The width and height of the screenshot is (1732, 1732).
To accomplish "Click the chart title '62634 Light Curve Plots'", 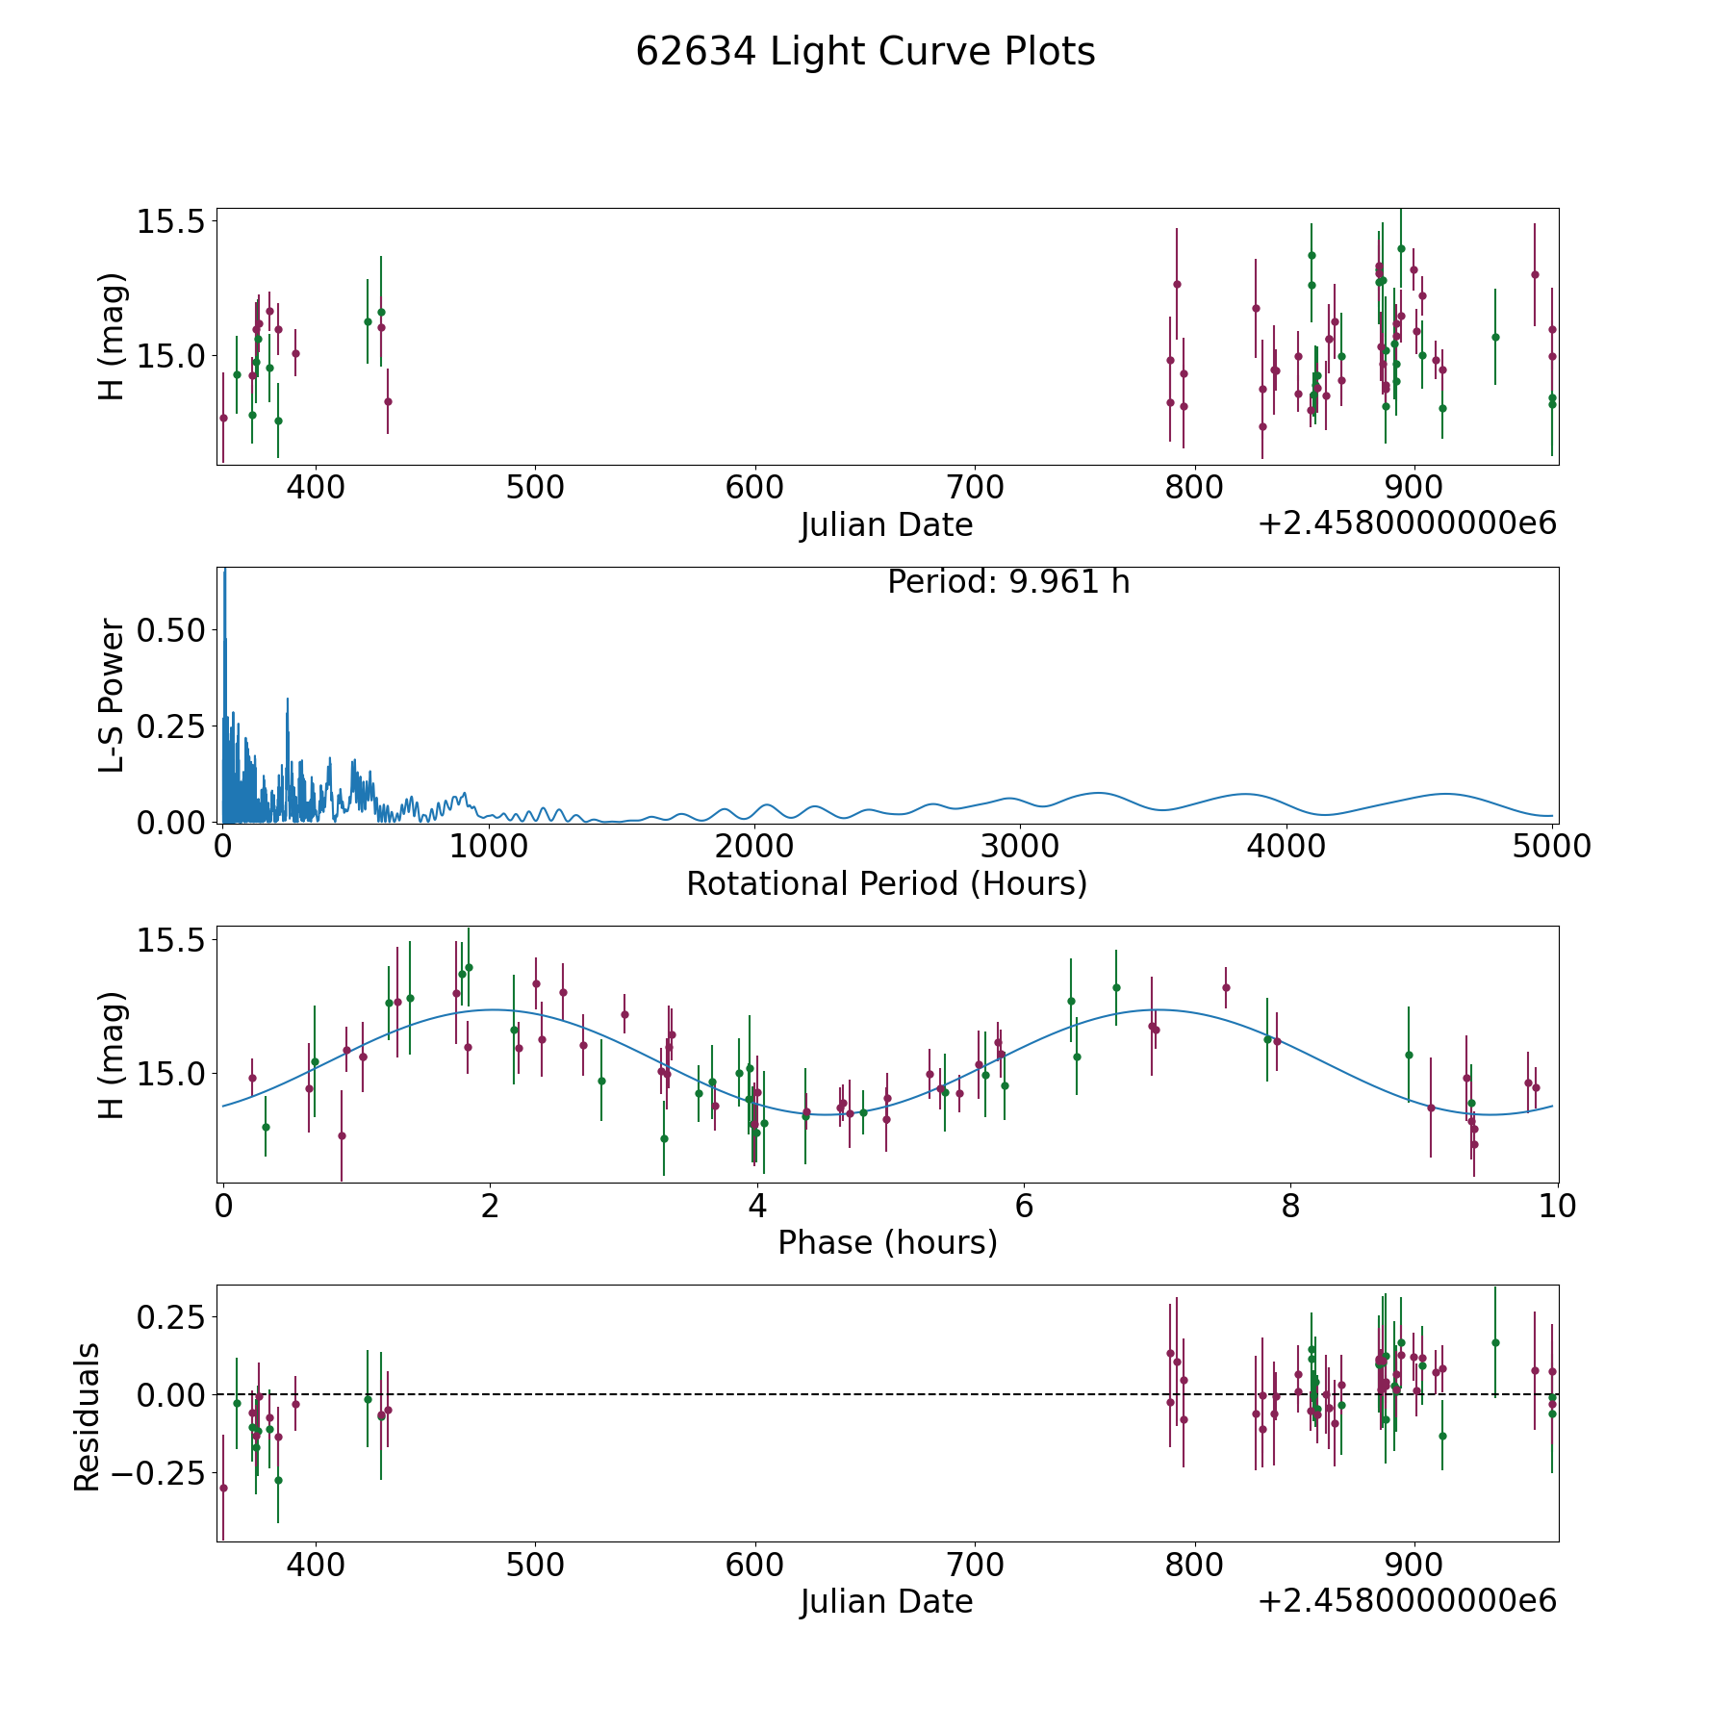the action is (x=865, y=52).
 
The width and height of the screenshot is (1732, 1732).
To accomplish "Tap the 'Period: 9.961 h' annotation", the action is (x=1008, y=582).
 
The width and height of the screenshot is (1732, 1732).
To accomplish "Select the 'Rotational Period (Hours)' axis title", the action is (x=886, y=883).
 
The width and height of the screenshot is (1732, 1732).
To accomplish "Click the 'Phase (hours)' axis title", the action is (x=887, y=1242).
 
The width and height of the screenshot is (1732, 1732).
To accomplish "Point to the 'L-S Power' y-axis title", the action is (x=113, y=696).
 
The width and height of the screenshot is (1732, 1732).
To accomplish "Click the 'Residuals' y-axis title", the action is (x=88, y=1416).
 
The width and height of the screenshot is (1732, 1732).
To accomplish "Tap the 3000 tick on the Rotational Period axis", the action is (x=1019, y=847).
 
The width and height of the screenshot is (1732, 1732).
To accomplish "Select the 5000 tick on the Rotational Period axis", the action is (x=1551, y=847).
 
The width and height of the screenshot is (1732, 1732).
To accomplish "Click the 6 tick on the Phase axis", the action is (x=1024, y=1206).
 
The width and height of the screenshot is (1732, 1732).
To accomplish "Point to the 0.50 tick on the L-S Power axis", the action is (x=171, y=630).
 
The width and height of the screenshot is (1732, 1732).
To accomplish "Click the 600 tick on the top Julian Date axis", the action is (x=754, y=488).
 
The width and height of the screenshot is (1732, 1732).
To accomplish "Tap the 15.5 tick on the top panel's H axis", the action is (x=171, y=221).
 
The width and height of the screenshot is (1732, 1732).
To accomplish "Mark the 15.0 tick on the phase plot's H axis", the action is (x=171, y=1073).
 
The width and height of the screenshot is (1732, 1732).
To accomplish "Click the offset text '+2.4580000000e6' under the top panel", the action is (x=1407, y=523).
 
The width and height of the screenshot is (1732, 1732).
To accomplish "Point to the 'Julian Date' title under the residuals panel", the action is (x=886, y=1602).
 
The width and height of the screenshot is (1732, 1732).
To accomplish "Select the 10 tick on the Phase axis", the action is (x=1558, y=1206).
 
